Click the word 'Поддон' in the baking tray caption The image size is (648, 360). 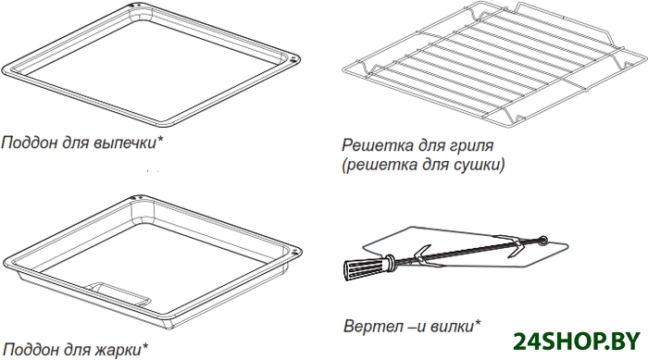(x=30, y=143)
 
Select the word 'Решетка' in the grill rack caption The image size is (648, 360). (x=377, y=145)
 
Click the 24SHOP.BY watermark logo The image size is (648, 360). (x=577, y=341)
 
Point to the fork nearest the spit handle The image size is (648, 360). (x=422, y=255)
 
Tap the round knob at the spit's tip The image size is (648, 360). (x=543, y=240)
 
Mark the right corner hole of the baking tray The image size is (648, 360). (x=294, y=58)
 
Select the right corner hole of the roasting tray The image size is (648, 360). (x=295, y=252)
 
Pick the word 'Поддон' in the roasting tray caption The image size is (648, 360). (x=31, y=350)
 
